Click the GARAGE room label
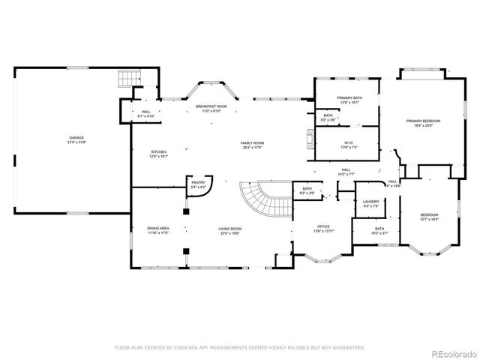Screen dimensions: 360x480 [x=76, y=138]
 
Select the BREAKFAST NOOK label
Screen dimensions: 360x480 [x=211, y=107]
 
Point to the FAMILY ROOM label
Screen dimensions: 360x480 [x=252, y=142]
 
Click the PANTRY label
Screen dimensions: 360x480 [x=198, y=182]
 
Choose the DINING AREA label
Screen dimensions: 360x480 [x=157, y=228]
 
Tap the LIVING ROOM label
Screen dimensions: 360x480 [x=229, y=228]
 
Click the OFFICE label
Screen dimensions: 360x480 [x=323, y=226]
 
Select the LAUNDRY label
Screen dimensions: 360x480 [x=371, y=201]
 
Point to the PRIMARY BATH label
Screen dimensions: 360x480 [x=349, y=98]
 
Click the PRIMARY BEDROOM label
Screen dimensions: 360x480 [x=423, y=121]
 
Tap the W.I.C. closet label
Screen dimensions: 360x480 [x=349, y=142]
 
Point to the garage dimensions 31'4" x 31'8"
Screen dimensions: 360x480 [x=76, y=142]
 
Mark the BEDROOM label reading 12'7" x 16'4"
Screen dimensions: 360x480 [x=429, y=216]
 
